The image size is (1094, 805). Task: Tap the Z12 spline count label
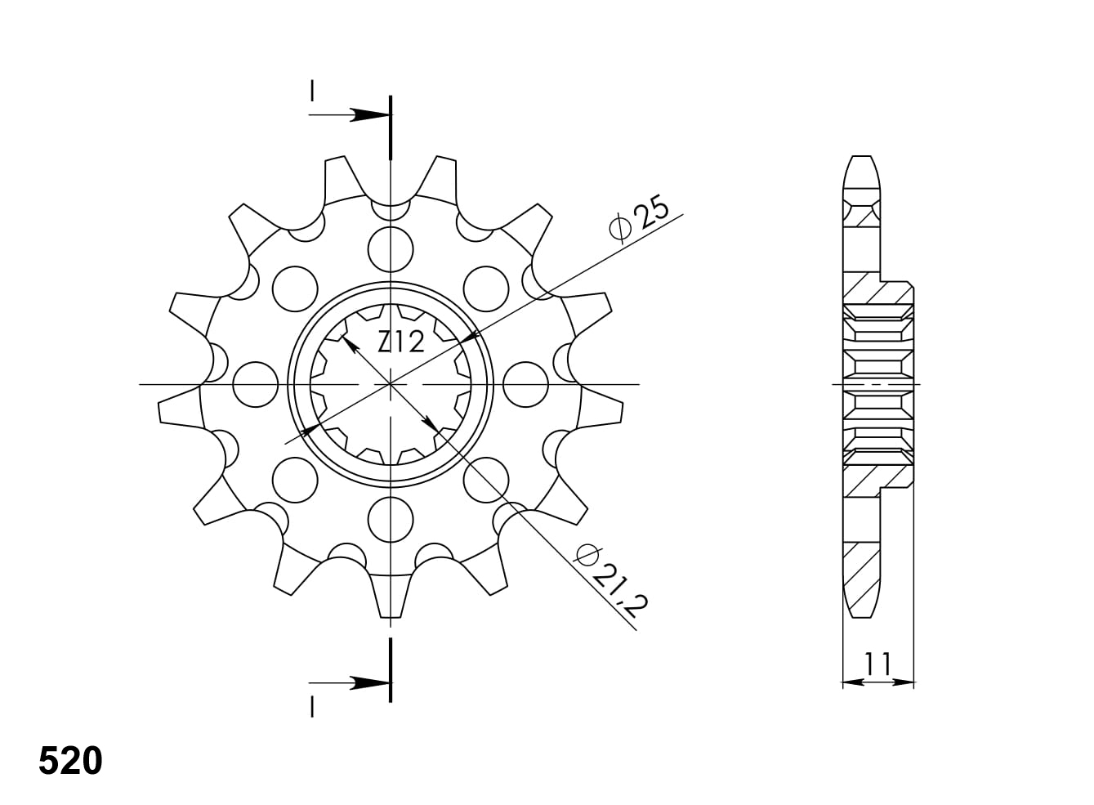click(401, 342)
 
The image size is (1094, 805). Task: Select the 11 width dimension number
click(877, 663)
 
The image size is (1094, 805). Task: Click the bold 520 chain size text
click(71, 761)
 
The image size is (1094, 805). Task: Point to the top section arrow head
click(370, 115)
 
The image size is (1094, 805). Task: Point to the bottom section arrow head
click(370, 683)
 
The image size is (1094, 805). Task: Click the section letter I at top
click(312, 92)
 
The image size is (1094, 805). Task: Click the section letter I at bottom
click(312, 706)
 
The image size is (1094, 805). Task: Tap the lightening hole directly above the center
click(391, 249)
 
